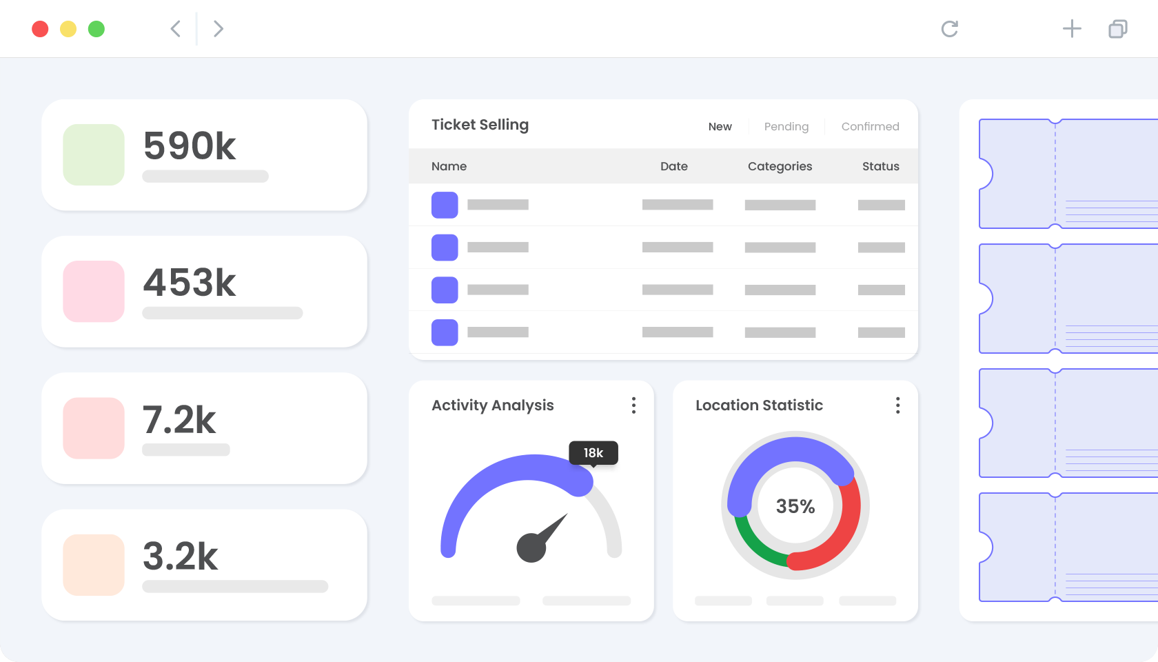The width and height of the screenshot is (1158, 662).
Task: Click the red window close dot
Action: [40, 29]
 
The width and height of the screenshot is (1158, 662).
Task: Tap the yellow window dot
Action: [68, 29]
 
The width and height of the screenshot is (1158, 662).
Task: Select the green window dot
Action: [96, 29]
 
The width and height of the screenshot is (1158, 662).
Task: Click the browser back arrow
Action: [176, 29]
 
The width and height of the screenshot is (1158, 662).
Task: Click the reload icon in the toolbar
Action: [950, 29]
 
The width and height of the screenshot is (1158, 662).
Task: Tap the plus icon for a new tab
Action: [1073, 29]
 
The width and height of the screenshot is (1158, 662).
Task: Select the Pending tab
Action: [786, 127]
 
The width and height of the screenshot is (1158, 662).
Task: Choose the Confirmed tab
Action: [870, 127]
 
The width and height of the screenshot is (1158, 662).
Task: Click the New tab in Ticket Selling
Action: [720, 127]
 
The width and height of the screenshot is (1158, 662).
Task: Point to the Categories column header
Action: [780, 167]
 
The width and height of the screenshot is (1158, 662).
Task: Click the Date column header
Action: [673, 167]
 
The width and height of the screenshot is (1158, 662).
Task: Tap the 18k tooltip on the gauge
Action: [593, 453]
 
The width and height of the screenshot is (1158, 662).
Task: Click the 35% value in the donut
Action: [795, 506]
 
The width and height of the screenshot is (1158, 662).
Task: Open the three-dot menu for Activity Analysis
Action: [633, 405]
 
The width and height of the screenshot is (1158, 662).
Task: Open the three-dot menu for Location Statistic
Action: [897, 405]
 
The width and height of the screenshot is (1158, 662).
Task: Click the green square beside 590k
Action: [94, 154]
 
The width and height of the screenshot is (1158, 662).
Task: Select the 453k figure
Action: [189, 283]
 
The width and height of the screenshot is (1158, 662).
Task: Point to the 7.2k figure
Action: [179, 419]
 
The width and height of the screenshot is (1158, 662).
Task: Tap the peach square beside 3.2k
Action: [94, 565]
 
